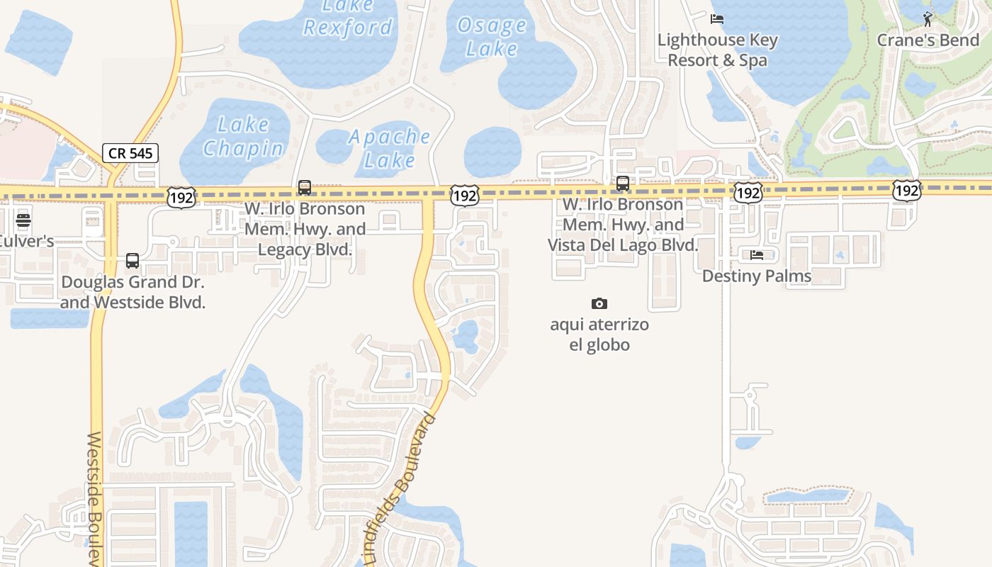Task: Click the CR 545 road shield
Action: pyautogui.click(x=130, y=153)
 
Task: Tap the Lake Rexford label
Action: pyautogui.click(x=347, y=17)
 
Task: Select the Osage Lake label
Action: pyautogui.click(x=492, y=38)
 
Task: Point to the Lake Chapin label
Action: pyautogui.click(x=243, y=137)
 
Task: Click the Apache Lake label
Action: pyautogui.click(x=389, y=148)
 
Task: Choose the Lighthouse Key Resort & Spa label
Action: pyautogui.click(x=717, y=50)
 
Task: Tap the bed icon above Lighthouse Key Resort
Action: pyautogui.click(x=717, y=18)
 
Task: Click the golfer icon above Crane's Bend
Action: pyautogui.click(x=928, y=18)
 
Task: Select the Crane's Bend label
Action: pyautogui.click(x=928, y=40)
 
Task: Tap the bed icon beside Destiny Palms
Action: pyautogui.click(x=757, y=254)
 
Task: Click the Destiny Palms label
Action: pyautogui.click(x=757, y=276)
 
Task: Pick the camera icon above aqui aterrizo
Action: pyautogui.click(x=599, y=304)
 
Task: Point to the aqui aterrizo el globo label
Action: pyautogui.click(x=599, y=335)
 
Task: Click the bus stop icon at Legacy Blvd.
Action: pyautogui.click(x=305, y=188)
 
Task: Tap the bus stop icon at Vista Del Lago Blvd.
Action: pyautogui.click(x=623, y=184)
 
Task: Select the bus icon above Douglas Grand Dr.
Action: pyautogui.click(x=133, y=261)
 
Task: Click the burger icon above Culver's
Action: pyautogui.click(x=23, y=220)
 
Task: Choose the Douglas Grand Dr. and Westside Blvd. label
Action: pyautogui.click(x=133, y=292)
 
